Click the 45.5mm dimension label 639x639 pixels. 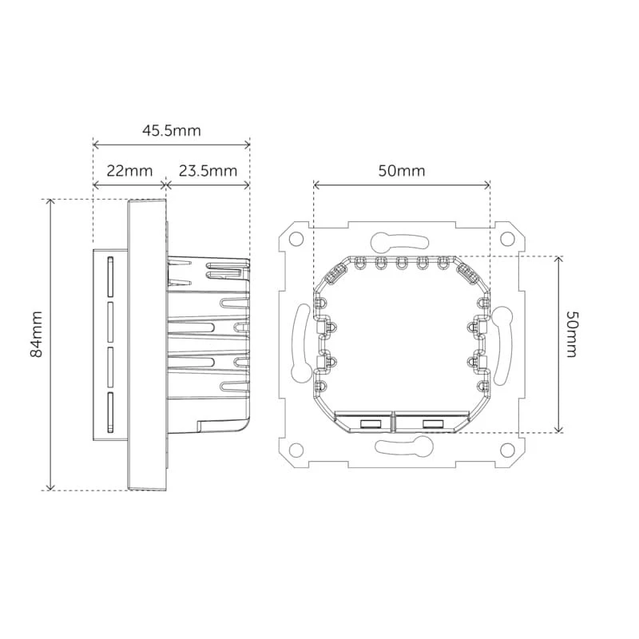click(172, 130)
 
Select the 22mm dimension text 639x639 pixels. click(129, 170)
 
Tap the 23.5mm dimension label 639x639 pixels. click(208, 170)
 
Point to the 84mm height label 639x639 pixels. click(37, 334)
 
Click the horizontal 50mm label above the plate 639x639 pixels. click(402, 170)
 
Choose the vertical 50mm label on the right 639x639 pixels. click(571, 334)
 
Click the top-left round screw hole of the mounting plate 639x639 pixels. click(296, 239)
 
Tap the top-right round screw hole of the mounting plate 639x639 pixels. click(507, 239)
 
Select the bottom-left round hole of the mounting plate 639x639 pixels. click(296, 450)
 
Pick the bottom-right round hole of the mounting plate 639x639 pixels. click(507, 450)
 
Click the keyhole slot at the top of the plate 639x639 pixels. click(399, 241)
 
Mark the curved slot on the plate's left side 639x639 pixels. click(300, 343)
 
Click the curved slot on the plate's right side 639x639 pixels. click(502, 347)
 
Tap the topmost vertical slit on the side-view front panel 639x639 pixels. click(110, 276)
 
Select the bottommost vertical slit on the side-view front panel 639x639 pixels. click(110, 412)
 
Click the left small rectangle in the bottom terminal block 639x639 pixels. click(371, 424)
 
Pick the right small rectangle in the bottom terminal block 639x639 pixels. click(433, 424)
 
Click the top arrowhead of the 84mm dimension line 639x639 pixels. click(50, 202)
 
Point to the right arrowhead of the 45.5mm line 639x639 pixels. click(247, 145)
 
